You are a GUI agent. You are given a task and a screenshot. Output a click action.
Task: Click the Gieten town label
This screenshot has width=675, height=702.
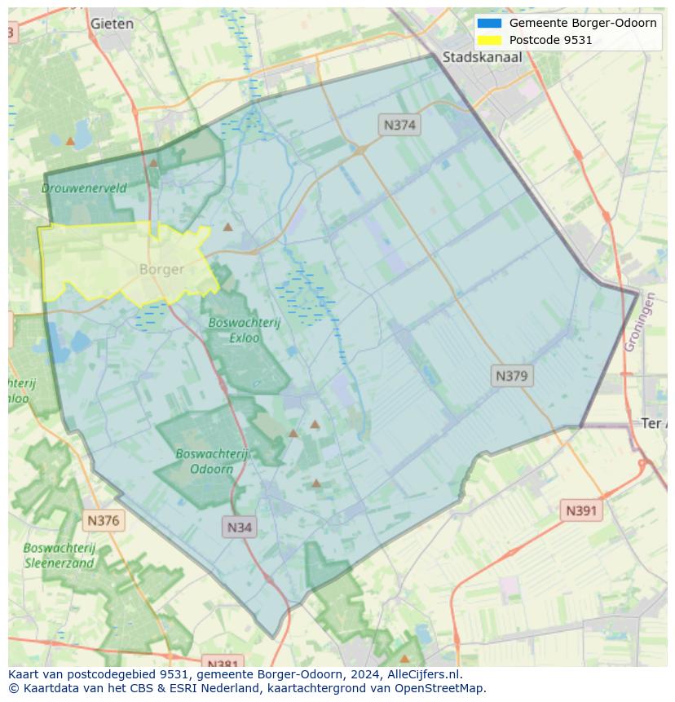(112, 24)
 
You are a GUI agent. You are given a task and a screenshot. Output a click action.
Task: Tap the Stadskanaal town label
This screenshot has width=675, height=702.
(482, 57)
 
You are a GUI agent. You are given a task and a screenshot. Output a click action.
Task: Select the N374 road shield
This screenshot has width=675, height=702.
(399, 125)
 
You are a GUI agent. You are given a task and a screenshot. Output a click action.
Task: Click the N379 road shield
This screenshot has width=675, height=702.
(512, 376)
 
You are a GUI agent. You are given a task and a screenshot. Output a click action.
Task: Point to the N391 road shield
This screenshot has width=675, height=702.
(581, 511)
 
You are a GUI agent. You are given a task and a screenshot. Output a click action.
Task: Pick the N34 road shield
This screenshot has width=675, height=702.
(239, 527)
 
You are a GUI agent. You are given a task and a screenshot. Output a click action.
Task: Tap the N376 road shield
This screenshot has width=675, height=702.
(103, 519)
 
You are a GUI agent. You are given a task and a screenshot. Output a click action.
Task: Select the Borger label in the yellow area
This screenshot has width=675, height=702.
(161, 269)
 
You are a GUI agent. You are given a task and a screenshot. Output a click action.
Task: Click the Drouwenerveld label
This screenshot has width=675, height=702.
(84, 188)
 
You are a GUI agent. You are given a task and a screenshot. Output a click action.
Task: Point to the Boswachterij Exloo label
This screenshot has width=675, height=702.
(244, 329)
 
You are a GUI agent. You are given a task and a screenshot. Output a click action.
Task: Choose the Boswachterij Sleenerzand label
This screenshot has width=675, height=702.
(60, 555)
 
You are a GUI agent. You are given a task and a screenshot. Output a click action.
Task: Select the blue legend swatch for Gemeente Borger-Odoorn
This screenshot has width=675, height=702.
(490, 23)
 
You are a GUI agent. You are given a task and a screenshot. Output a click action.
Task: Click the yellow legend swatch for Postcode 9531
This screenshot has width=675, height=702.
(490, 40)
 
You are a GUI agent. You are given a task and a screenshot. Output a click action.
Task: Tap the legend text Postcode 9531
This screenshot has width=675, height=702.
(550, 40)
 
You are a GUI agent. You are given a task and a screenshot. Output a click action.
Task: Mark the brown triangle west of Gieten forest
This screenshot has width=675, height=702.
(71, 141)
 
